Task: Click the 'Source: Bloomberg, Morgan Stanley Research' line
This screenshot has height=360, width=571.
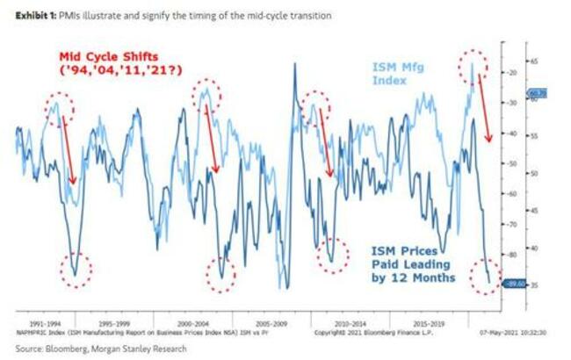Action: (x=84, y=347)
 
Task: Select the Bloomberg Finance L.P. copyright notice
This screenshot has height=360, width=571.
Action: (x=362, y=334)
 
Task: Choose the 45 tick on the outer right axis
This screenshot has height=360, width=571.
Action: (x=535, y=211)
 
